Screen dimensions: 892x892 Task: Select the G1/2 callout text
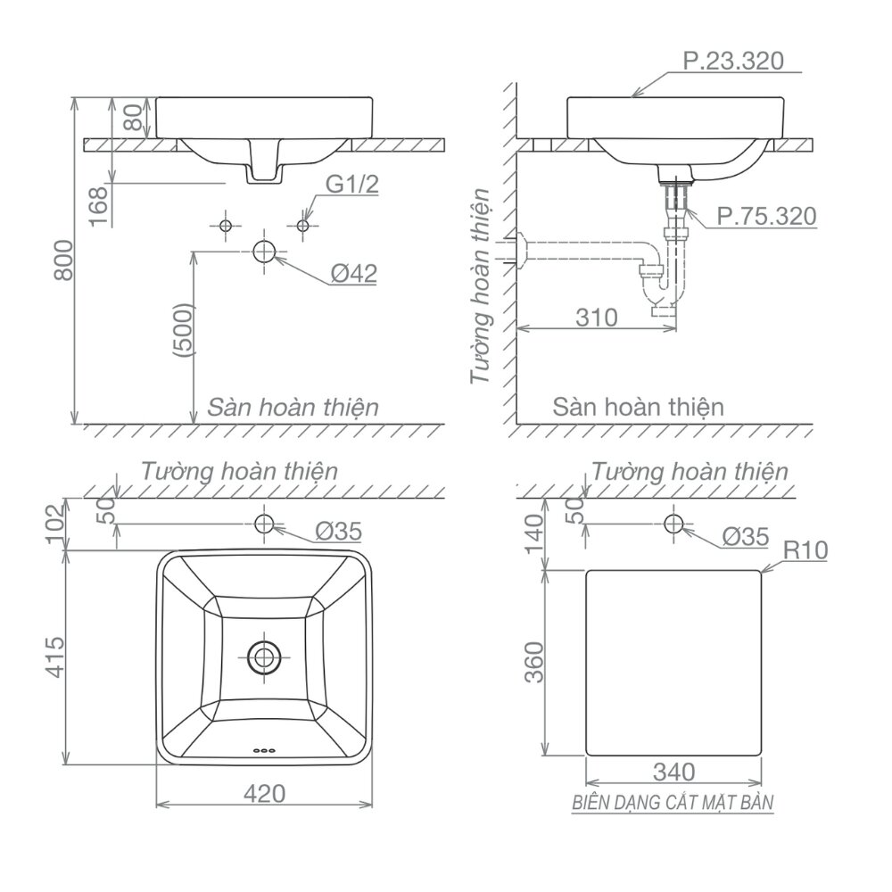[x=351, y=186]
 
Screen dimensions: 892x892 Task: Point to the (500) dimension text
[x=184, y=330]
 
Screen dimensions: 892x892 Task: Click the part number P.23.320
[x=732, y=61]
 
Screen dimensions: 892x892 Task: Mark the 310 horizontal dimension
[x=597, y=317]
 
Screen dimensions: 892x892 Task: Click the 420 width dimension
[x=264, y=793]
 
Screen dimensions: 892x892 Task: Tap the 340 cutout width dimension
[x=673, y=771]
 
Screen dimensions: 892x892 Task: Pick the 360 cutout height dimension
[x=533, y=661]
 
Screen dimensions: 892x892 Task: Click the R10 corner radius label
[x=805, y=551]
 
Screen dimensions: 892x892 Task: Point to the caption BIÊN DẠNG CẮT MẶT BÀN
[x=673, y=803]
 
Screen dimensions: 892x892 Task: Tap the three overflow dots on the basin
[x=264, y=749]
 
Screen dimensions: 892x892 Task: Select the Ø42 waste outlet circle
[x=265, y=251]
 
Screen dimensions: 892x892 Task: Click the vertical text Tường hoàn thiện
[x=481, y=285]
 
